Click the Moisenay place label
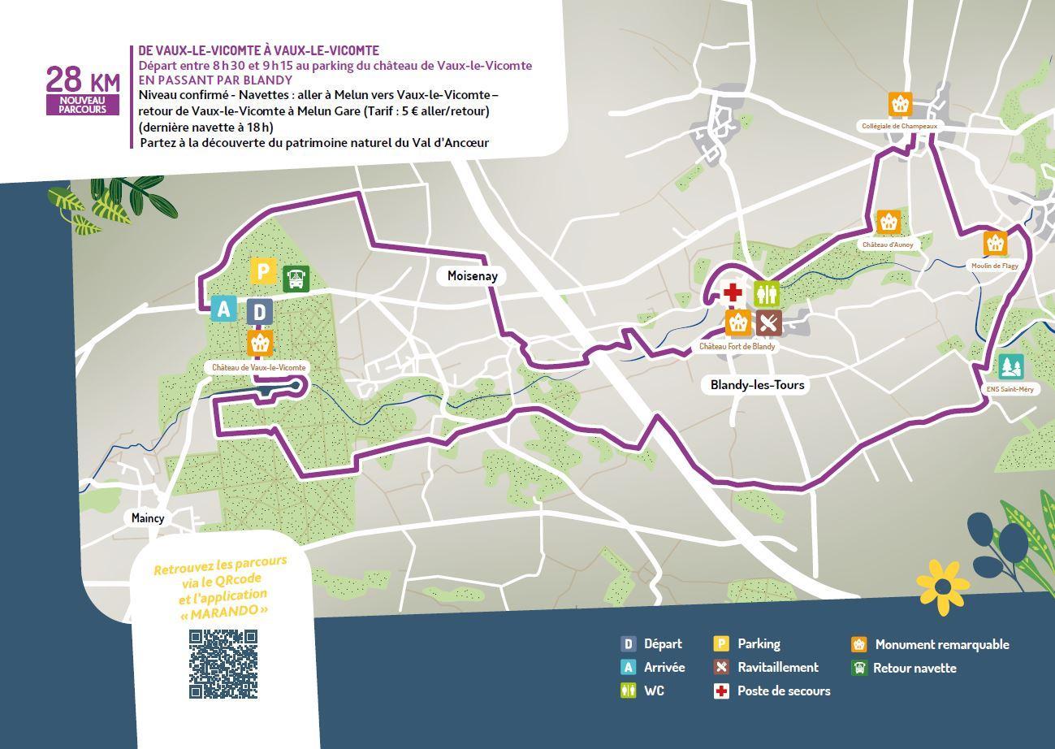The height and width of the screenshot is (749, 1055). pos(472,276)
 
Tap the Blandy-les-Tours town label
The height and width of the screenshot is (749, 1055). pos(757,384)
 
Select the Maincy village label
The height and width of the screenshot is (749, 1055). pos(148,517)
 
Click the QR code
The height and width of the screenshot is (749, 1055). pos(223,664)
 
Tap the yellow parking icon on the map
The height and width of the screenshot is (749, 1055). pos(262,271)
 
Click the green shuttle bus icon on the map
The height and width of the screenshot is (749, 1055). pos(296,279)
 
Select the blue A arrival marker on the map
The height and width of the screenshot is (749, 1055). pos(223,309)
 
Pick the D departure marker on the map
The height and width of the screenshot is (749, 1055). pos(259,312)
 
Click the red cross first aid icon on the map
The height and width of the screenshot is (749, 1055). pos(733,293)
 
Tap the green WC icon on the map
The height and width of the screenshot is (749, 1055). pos(767,293)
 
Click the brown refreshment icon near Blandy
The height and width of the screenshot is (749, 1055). pos(768,323)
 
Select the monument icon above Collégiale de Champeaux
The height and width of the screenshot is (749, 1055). pos(899,104)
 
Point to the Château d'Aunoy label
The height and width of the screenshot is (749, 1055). pos(888,245)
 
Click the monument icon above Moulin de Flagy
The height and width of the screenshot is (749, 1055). pos(995,243)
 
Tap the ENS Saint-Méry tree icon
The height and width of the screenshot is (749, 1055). pos(1010,366)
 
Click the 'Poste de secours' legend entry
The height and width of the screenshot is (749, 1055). pos(783,691)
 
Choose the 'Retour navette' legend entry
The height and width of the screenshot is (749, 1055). pos(914,668)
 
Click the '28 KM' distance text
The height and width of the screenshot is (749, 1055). pos(82,80)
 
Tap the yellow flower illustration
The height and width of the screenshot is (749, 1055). pos(943,587)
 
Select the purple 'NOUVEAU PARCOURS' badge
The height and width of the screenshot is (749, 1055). pos(82,105)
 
